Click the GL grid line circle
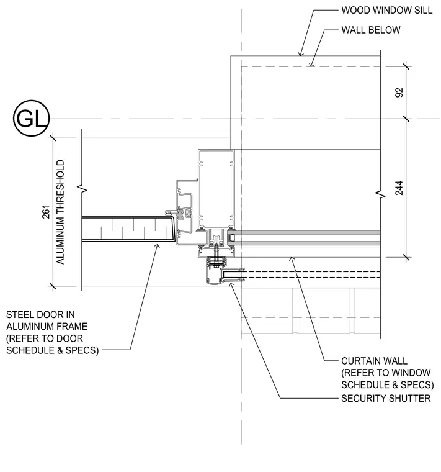[31, 118]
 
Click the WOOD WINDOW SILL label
[386, 10]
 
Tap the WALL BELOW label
[371, 30]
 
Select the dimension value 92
[399, 93]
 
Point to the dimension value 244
[399, 188]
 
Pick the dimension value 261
[46, 212]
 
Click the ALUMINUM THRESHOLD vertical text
[60, 212]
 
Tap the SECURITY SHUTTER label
[386, 398]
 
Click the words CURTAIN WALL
[374, 361]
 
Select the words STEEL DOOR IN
[40, 315]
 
